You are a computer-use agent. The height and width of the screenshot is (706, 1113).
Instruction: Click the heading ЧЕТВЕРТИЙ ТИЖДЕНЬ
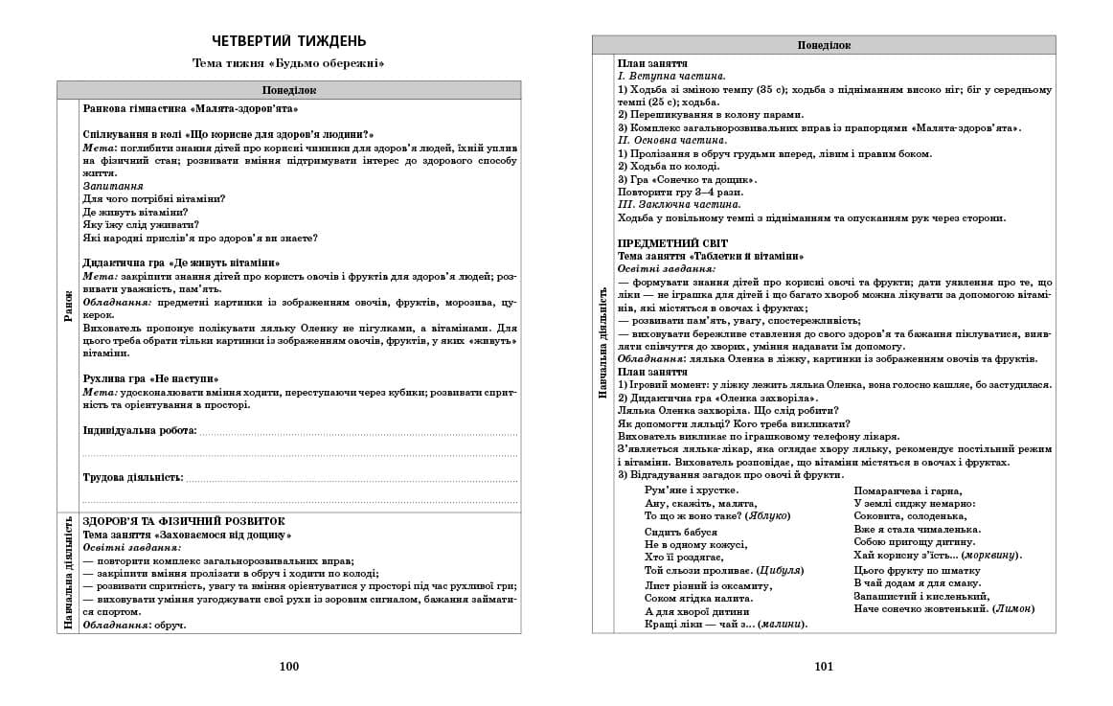pyautogui.click(x=288, y=40)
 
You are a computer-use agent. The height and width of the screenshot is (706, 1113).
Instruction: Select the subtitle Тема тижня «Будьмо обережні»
pyautogui.click(x=288, y=64)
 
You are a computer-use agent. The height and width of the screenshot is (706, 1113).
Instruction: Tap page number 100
pyautogui.click(x=288, y=667)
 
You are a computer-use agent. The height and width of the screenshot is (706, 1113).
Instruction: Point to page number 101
pyautogui.click(x=824, y=667)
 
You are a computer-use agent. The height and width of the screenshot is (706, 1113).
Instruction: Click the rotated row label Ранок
pyautogui.click(x=68, y=306)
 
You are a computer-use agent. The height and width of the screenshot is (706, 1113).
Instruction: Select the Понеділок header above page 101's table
pyautogui.click(x=824, y=45)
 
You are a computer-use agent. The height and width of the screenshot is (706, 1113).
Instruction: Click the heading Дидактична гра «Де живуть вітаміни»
pyautogui.click(x=182, y=263)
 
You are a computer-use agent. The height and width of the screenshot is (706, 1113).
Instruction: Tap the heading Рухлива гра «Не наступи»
pyautogui.click(x=150, y=379)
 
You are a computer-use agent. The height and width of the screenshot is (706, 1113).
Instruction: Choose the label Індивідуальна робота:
pyautogui.click(x=140, y=431)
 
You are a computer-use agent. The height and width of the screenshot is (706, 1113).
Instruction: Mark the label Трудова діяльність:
pyautogui.click(x=133, y=477)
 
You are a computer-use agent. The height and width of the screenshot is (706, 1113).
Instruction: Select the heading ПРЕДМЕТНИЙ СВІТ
pyautogui.click(x=672, y=244)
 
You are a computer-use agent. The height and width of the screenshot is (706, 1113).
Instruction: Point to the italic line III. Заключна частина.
pyautogui.click(x=679, y=205)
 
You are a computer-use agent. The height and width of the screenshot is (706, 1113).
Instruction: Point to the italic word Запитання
pyautogui.click(x=113, y=186)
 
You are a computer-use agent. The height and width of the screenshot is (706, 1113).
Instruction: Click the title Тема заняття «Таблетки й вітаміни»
pyautogui.click(x=711, y=257)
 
